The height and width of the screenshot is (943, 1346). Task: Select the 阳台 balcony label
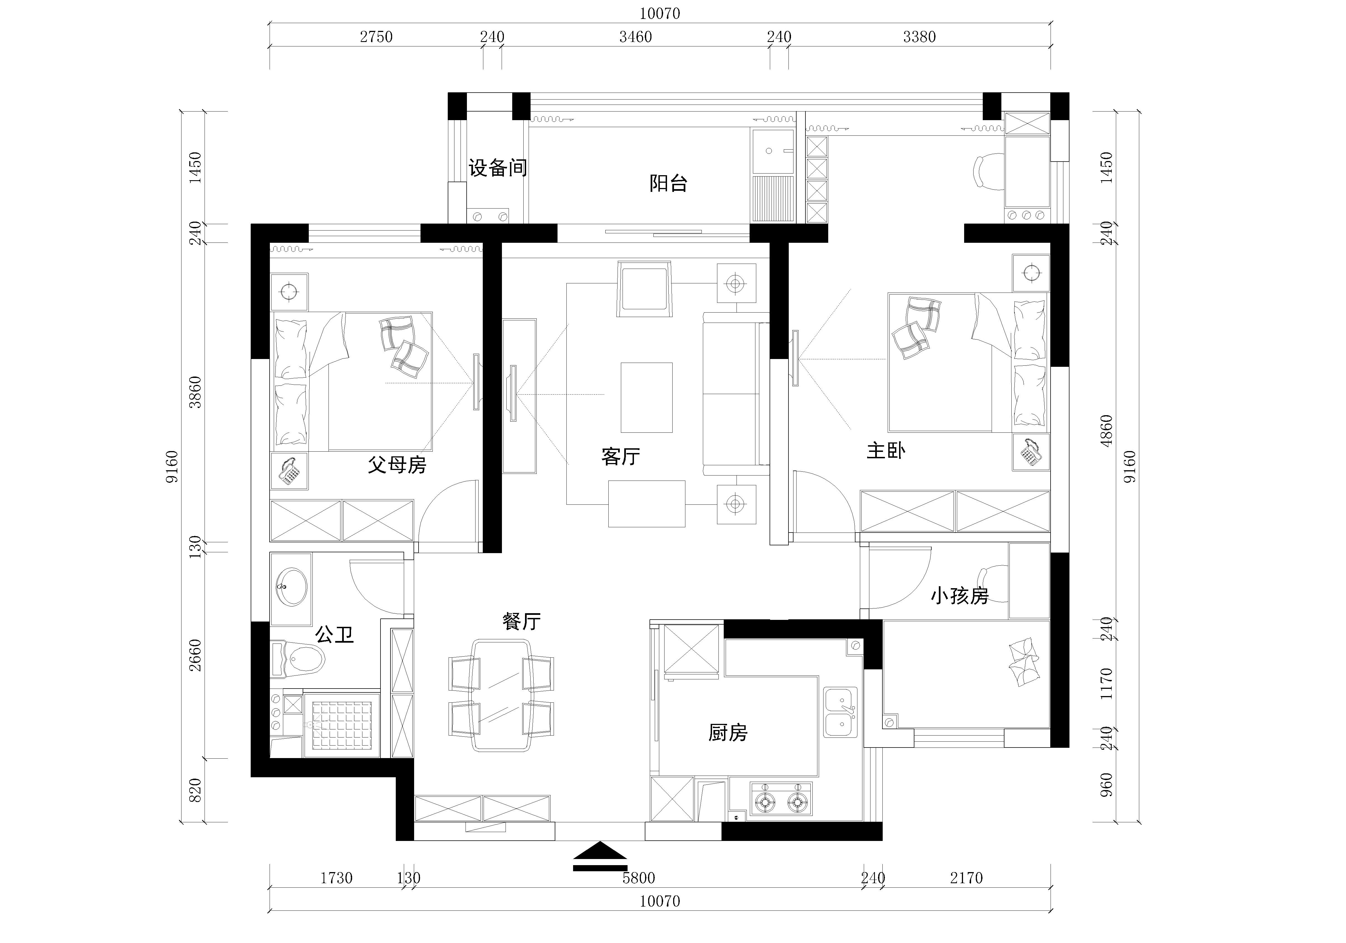[x=668, y=184]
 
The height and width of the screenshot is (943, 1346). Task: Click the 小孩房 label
[x=960, y=596]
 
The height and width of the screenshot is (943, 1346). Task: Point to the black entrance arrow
[x=600, y=856]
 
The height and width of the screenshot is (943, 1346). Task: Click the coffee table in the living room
[x=647, y=397]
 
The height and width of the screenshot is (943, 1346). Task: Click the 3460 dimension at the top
[x=636, y=37]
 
